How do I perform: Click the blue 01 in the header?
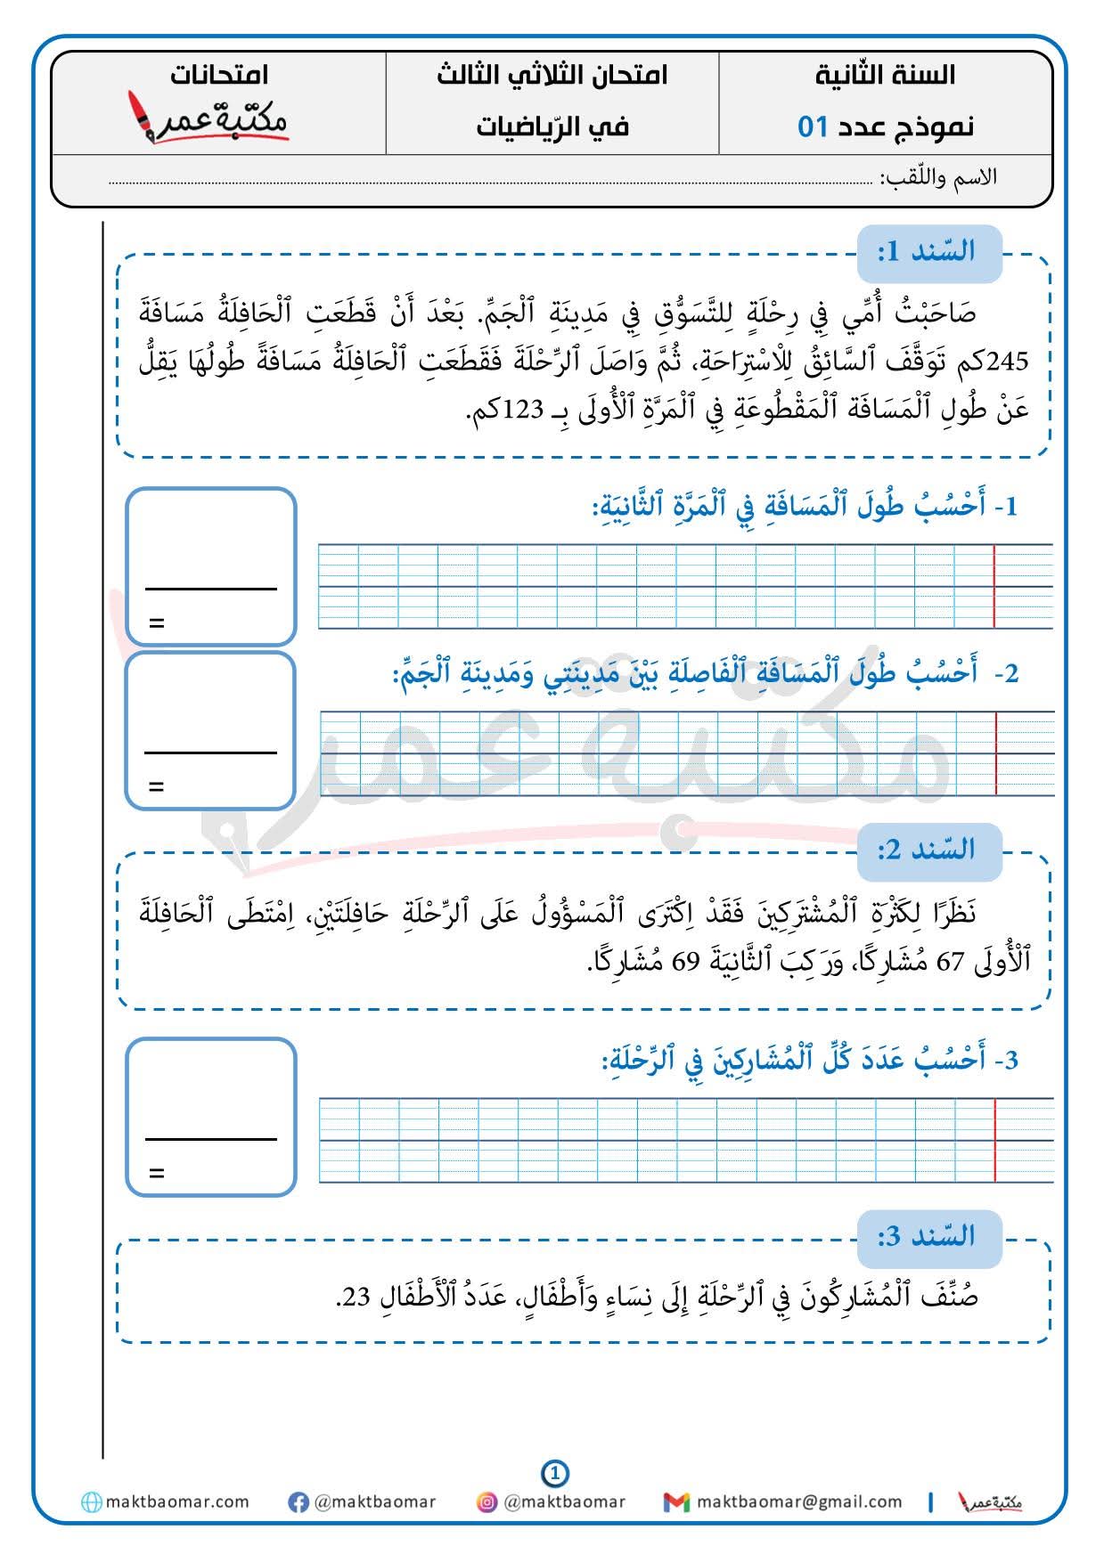814,126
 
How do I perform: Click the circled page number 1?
554,1474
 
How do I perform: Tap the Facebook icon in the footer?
298,1502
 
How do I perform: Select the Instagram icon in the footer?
487,1502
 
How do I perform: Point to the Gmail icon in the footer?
676,1502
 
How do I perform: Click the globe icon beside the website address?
91,1502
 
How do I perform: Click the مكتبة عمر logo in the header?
209,118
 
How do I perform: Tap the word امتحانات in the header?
219,75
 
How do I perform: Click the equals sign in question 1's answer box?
157,623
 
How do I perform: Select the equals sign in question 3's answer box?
157,1173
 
